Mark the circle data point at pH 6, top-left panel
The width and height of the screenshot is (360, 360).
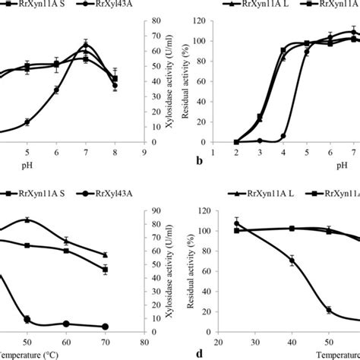(56, 90)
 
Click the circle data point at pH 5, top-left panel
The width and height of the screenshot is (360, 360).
(27, 122)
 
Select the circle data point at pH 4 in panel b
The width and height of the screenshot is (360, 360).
(283, 136)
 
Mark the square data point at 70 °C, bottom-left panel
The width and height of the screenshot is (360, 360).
(105, 270)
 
